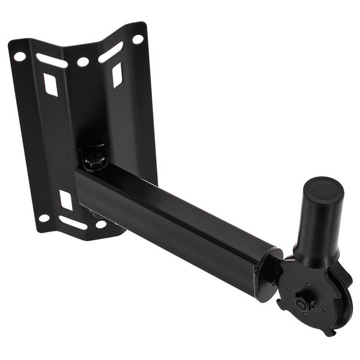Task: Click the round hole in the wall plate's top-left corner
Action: [19, 56]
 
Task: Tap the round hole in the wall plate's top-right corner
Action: [137, 40]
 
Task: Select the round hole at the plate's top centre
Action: [83, 62]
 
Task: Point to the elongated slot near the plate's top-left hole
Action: [52, 61]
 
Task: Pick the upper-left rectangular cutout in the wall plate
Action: [50, 84]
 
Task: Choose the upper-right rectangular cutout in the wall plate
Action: [117, 74]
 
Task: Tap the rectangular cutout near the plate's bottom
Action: [65, 200]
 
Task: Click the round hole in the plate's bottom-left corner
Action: [44, 218]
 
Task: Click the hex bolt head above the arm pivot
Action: [94, 157]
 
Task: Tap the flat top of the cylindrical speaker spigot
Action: [325, 188]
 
